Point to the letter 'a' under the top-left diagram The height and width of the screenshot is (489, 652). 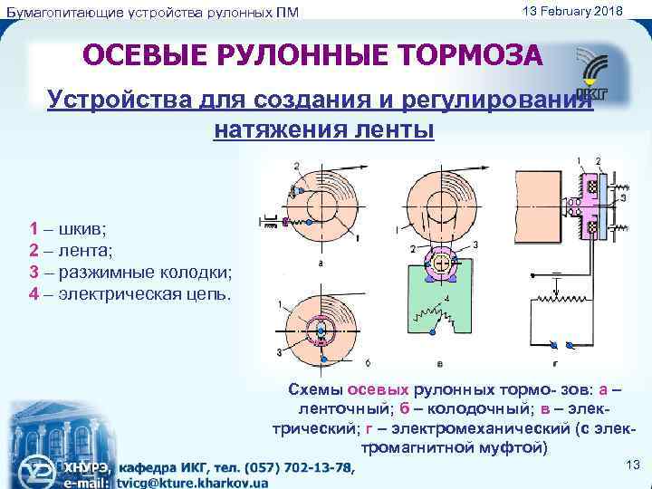click(322, 263)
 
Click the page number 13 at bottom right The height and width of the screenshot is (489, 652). click(633, 465)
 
